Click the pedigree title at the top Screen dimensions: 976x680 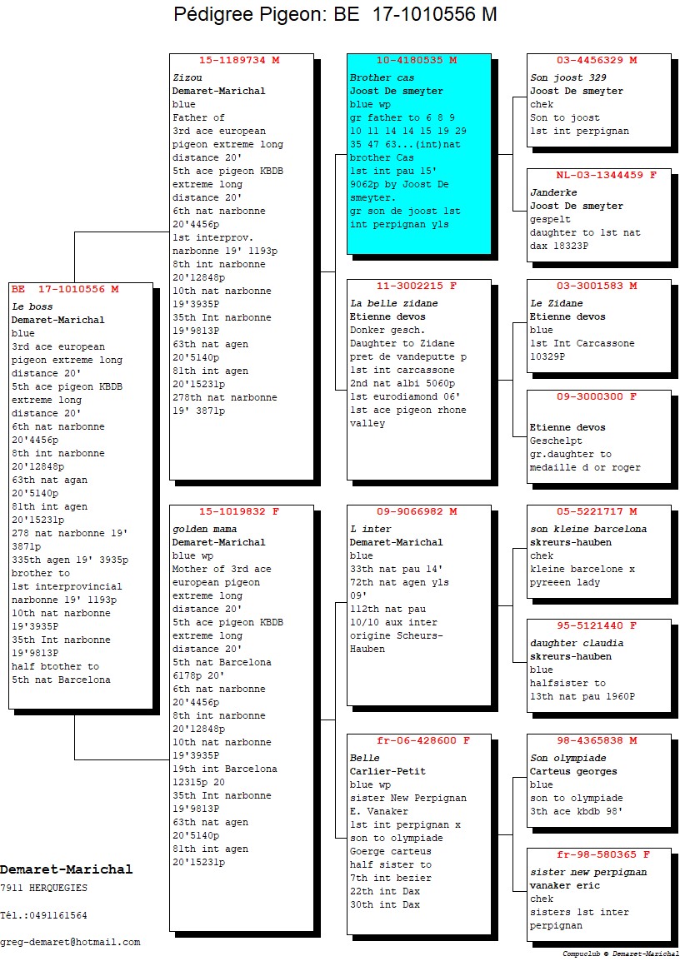335,15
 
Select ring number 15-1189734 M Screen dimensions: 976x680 239,61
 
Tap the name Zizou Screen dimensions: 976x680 187,77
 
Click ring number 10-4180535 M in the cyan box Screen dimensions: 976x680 417,61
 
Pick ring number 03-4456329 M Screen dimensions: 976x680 597,61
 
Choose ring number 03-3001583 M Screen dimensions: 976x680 597,286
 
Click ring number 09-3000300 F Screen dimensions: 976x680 597,397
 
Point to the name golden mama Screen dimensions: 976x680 204,529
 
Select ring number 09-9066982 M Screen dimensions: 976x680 417,512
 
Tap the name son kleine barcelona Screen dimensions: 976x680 588,529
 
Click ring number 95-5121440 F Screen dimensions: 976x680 597,626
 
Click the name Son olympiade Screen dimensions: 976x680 568,758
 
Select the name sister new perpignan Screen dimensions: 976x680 588,872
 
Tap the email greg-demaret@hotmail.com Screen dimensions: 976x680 70,942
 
